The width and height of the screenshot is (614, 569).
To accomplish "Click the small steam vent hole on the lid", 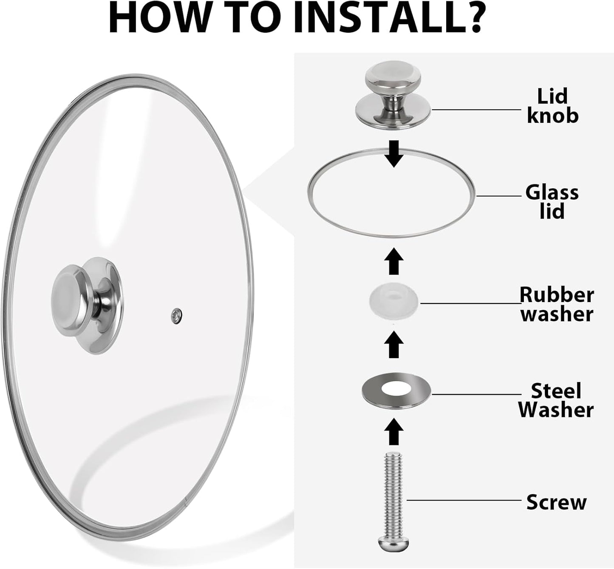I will tap(177, 316).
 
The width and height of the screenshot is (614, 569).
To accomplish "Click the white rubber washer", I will tap(393, 301).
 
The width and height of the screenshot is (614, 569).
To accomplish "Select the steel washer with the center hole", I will tap(396, 391).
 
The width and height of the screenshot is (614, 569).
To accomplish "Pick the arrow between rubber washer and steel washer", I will tap(394, 344).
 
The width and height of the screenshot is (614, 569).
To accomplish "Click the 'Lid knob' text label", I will tap(552, 106).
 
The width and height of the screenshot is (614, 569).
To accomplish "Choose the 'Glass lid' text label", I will tap(552, 201).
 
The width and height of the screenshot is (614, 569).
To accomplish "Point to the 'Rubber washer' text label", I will tap(557, 304).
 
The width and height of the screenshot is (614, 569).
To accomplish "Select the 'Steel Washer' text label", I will tap(556, 400).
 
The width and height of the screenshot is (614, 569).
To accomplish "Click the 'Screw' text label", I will tap(556, 502).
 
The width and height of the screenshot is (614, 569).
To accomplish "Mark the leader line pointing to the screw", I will tap(463, 500).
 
